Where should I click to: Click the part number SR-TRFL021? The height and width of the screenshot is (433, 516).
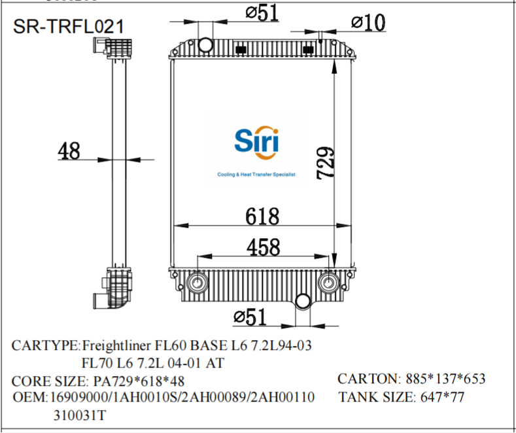coord(69,26)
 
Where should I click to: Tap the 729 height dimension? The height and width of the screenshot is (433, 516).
coord(326,163)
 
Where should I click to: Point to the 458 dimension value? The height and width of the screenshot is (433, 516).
coord(263,247)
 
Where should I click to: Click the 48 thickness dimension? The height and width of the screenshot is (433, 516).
coord(69,150)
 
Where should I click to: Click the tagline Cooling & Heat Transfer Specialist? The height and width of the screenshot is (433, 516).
coord(256,175)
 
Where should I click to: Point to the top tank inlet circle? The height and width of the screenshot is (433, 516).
coord(206,45)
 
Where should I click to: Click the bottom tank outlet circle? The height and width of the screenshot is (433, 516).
coord(303,302)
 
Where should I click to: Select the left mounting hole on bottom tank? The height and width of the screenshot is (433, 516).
coord(196,283)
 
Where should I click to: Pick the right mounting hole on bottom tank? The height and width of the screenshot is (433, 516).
coord(329,283)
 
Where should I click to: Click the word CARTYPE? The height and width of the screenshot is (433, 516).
coord(45,345)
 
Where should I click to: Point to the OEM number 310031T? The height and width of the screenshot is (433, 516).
coord(80,415)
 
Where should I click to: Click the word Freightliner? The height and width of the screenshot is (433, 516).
coord(116,345)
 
